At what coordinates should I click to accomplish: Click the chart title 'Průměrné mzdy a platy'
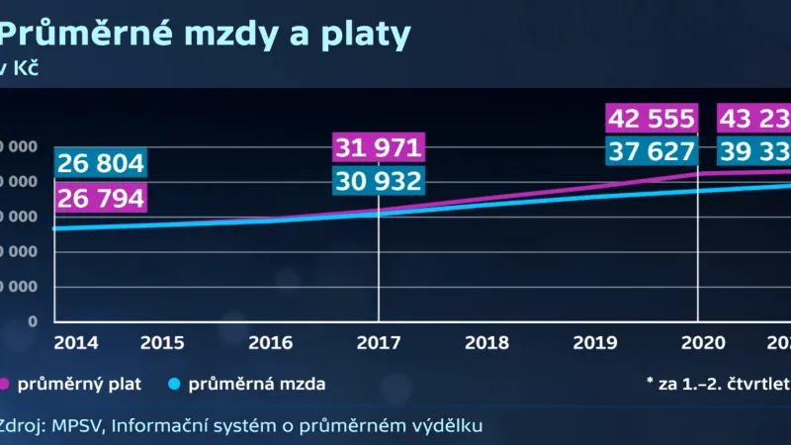point(203,36)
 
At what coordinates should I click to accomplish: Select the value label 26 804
point(100,163)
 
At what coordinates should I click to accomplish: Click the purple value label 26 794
point(100,198)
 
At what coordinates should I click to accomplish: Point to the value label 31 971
point(379,148)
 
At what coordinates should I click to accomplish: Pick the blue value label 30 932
point(379,182)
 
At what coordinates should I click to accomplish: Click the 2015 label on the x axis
point(162,343)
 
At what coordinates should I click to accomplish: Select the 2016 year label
point(271,343)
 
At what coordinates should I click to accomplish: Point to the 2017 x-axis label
point(379,343)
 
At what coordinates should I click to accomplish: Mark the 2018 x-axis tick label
point(486,343)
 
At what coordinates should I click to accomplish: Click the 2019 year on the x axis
point(594,343)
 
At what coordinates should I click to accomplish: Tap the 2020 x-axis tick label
point(698,343)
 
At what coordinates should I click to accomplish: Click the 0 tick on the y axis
point(33,321)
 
